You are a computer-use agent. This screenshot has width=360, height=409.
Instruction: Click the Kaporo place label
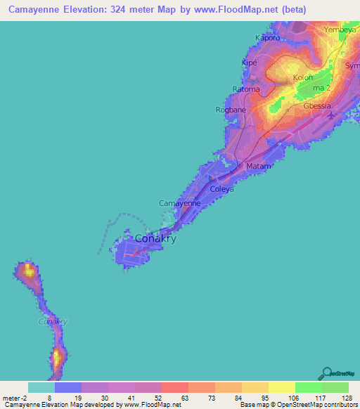[x=267, y=37]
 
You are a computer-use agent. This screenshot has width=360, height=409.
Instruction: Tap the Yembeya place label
[x=341, y=30]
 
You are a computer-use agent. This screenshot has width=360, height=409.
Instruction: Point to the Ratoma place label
[x=246, y=89]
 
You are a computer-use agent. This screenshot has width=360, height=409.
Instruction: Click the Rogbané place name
[x=230, y=110]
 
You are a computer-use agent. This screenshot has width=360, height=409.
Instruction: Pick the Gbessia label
[x=317, y=106]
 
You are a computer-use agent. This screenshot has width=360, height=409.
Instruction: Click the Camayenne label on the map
[x=180, y=203]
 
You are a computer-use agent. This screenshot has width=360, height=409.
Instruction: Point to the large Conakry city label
[x=155, y=238]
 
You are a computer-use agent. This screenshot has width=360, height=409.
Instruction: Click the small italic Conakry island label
[x=52, y=321]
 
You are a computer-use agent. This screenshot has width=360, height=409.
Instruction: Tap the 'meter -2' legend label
[x=15, y=398]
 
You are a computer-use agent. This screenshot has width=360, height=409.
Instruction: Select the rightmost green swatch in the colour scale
[x=335, y=387]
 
